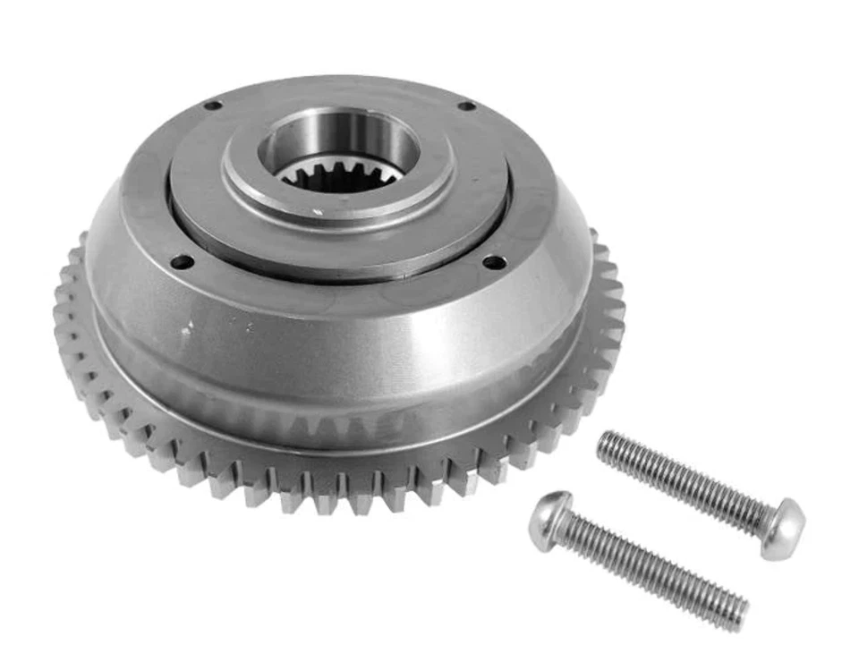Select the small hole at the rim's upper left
tap(212, 106)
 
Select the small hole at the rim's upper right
tap(466, 106)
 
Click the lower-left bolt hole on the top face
tap(183, 262)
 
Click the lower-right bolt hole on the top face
tap(492, 262)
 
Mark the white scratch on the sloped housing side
tap(185, 330)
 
